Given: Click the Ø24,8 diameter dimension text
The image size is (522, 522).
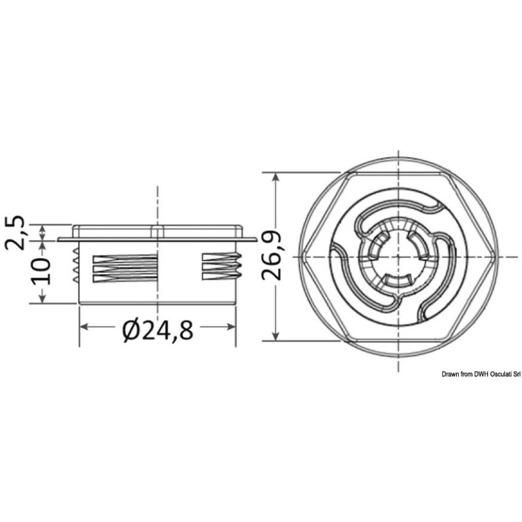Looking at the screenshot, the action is click(x=158, y=330).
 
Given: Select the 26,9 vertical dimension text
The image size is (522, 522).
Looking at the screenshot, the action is click(x=271, y=256).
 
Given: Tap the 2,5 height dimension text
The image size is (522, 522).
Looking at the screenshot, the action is click(x=15, y=232).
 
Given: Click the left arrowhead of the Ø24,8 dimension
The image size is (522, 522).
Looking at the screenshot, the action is click(x=84, y=327).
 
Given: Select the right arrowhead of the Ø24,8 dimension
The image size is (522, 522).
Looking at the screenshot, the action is click(x=230, y=327).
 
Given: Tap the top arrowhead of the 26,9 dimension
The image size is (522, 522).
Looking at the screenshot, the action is click(x=275, y=177).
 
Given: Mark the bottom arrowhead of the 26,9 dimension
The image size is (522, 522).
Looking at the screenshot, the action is click(x=275, y=336).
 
